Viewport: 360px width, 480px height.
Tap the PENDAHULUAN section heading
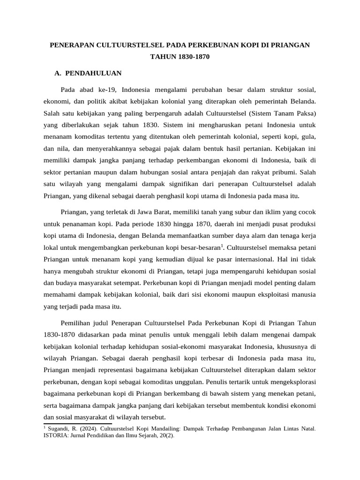tap(93, 73)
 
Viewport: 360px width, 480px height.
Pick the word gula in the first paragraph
tap(310, 138)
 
